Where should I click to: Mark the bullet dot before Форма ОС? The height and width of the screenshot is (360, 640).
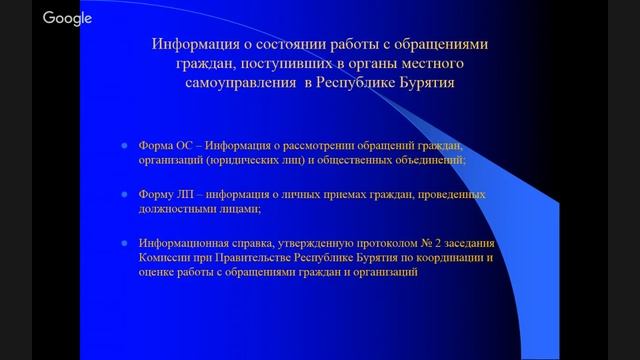click(125, 145)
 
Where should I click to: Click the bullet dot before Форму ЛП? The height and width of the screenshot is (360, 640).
click(125, 194)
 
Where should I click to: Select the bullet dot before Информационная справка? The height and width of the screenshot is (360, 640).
click(125, 243)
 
